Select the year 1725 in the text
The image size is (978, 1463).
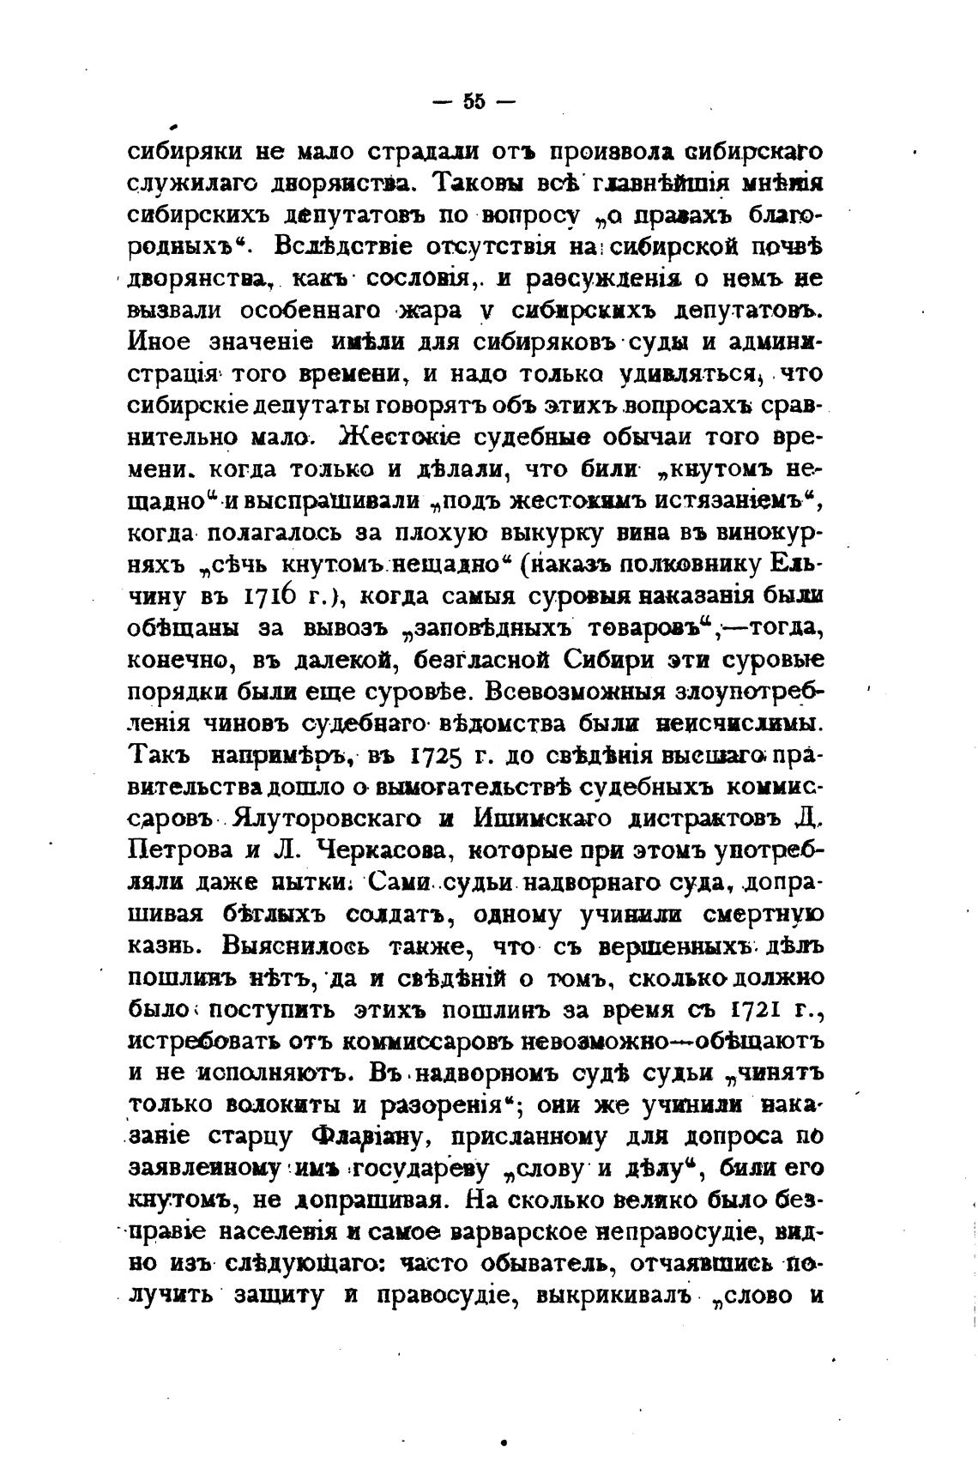pos(439,757)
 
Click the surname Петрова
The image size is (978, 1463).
pos(179,851)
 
